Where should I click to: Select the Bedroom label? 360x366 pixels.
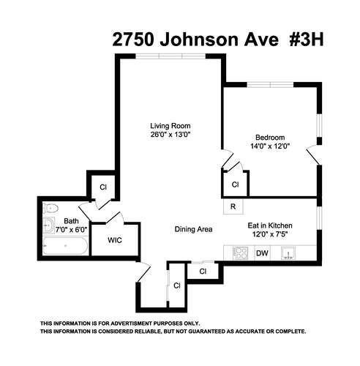(270, 138)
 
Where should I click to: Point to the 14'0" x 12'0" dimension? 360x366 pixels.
(270, 146)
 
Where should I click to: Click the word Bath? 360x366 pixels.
(71, 220)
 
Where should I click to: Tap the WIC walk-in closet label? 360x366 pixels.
(116, 239)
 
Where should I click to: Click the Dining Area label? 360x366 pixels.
(193, 230)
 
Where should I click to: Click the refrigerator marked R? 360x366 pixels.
(233, 207)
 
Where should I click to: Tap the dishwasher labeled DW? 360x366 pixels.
(262, 254)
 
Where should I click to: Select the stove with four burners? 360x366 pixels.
(240, 254)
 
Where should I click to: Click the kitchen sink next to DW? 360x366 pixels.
(290, 255)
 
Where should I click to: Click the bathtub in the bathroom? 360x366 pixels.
(65, 247)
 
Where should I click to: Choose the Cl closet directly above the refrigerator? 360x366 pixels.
(234, 184)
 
